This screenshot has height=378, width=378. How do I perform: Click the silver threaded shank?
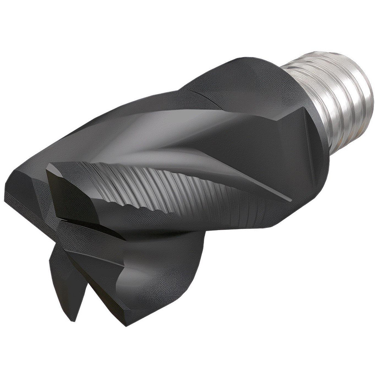(x=333, y=94)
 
